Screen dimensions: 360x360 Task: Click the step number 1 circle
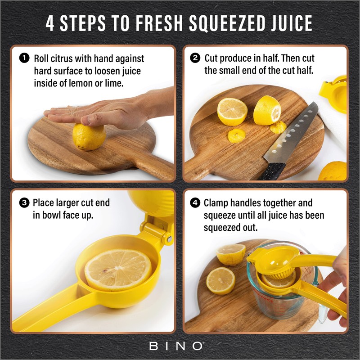(24, 58)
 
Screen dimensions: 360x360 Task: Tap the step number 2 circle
(195, 58)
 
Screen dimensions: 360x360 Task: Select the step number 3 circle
(24, 203)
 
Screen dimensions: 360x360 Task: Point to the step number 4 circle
(195, 203)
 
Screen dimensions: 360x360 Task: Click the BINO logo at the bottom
(176, 346)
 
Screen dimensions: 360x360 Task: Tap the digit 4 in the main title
(50, 23)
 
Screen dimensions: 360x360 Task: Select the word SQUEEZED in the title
(227, 23)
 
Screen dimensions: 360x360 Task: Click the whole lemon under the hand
(89, 137)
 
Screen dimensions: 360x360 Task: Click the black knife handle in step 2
(272, 171)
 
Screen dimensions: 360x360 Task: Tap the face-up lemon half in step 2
(232, 112)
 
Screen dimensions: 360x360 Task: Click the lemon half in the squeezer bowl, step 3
(118, 270)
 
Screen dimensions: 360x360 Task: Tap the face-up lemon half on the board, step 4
(220, 280)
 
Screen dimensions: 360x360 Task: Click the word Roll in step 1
(41, 58)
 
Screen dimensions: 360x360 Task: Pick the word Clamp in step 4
(216, 203)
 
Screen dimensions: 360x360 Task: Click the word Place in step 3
(43, 203)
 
